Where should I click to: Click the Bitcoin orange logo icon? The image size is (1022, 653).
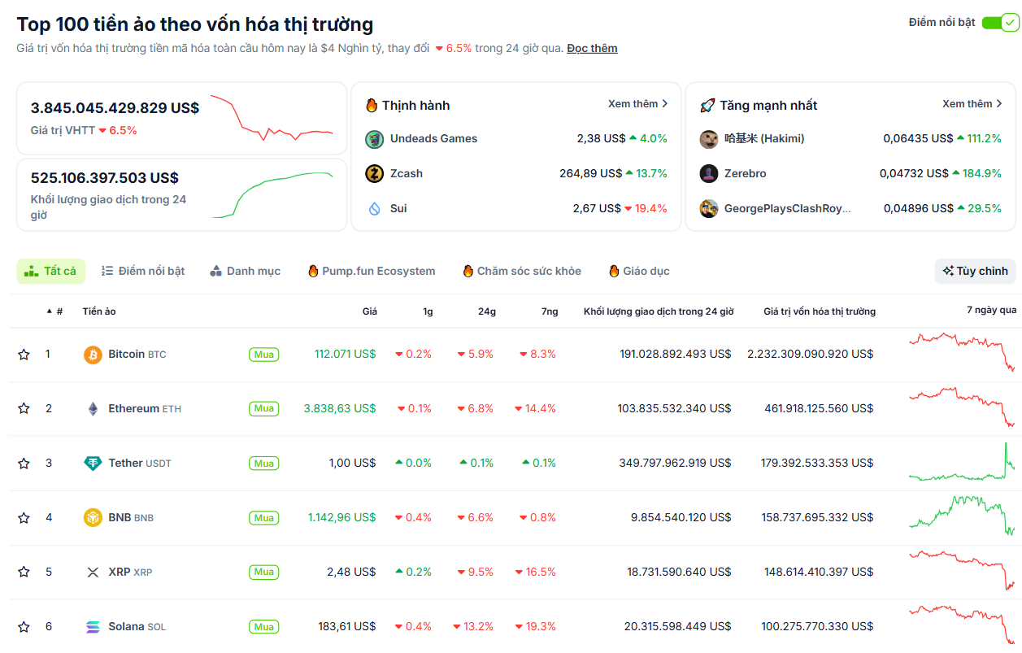click(x=93, y=355)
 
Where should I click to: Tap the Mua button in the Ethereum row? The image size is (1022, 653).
click(x=263, y=408)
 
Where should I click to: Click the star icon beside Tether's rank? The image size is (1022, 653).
click(x=24, y=464)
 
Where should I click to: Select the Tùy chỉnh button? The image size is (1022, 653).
click(x=975, y=271)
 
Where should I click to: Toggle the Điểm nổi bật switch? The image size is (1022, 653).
click(x=999, y=23)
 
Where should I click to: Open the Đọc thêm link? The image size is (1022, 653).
click(x=592, y=48)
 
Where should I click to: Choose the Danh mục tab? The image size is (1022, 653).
click(x=245, y=271)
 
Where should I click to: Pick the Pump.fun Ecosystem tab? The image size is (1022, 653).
click(x=372, y=271)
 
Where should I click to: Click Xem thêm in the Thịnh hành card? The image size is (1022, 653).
click(x=637, y=104)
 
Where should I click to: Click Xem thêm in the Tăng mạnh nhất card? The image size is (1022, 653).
click(x=972, y=104)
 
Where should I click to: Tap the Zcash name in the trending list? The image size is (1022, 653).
click(x=406, y=173)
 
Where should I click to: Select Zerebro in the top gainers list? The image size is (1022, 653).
click(x=745, y=173)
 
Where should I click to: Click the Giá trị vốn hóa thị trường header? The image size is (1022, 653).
click(x=819, y=311)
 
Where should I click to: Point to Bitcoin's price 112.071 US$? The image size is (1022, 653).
click(x=345, y=354)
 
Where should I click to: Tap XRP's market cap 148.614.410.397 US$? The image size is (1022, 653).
click(x=818, y=572)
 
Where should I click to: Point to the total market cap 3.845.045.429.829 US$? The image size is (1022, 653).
click(x=115, y=107)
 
